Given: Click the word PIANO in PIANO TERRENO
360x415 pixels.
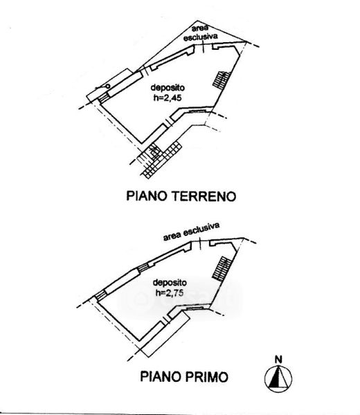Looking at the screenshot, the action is [147, 196].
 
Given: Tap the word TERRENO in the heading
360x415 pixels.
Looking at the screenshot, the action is [204, 196].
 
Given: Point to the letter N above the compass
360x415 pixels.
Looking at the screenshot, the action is [278, 360].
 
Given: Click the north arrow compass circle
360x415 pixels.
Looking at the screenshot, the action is [278, 378].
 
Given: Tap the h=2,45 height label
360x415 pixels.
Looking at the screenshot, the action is [168, 98].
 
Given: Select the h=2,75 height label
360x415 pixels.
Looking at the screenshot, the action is [170, 293].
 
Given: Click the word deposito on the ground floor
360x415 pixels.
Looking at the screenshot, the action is [168, 87].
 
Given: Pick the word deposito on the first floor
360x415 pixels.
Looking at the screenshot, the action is [170, 282].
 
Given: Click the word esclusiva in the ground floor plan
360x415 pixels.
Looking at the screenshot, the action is [201, 37].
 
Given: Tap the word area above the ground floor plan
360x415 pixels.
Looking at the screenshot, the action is [200, 28].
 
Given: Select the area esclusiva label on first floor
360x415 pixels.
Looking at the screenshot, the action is [191, 231].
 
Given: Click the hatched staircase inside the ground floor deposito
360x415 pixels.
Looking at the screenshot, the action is [222, 80].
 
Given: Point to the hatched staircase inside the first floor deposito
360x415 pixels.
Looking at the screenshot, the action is [222, 268].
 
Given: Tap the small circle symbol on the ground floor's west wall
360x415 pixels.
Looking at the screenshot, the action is [107, 86].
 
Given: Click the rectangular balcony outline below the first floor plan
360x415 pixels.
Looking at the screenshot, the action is [165, 334].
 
